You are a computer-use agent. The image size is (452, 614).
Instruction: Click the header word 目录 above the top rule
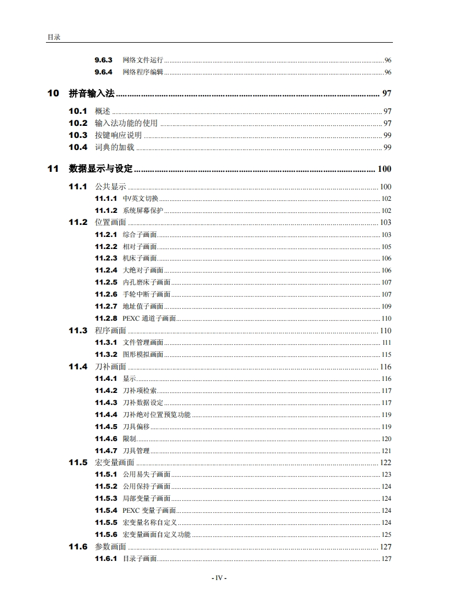(53, 37)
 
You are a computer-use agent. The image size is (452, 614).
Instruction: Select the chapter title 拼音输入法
(91, 94)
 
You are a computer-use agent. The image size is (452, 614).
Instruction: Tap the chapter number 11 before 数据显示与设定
(53, 169)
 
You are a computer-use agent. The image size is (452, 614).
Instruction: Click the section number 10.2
(78, 123)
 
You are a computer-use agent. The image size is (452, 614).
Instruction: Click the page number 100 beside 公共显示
(385, 187)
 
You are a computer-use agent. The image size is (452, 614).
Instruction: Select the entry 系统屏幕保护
(143, 211)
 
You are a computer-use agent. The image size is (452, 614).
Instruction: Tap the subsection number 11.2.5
(106, 282)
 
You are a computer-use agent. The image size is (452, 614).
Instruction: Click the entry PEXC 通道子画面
(149, 318)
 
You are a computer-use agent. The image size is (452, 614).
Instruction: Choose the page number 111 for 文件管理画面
(386, 343)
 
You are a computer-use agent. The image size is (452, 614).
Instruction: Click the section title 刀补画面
(111, 367)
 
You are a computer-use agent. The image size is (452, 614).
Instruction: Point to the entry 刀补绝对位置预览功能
(157, 415)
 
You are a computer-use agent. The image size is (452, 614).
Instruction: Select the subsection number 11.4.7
(106, 451)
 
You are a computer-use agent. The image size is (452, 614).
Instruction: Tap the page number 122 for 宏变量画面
(385, 463)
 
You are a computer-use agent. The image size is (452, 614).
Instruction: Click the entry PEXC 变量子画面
(149, 511)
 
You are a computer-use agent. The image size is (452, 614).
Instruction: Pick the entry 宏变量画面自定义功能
(157, 535)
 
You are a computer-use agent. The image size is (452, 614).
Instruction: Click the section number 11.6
(78, 547)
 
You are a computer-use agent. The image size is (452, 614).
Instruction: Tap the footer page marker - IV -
(219, 578)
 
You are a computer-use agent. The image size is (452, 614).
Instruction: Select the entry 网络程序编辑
(143, 72)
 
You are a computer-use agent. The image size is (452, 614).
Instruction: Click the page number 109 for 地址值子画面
(386, 306)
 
